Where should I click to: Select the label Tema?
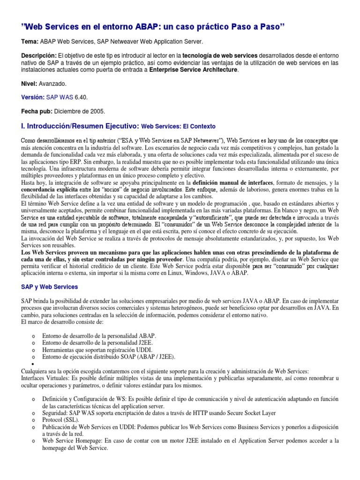click(x=30, y=42)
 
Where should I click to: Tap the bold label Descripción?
click(x=39, y=56)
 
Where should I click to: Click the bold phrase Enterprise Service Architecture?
click(x=194, y=70)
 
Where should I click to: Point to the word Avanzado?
click(x=52, y=83)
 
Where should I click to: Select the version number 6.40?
click(x=80, y=97)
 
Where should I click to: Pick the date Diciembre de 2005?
click(x=79, y=112)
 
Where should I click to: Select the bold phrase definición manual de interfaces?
click(x=232, y=182)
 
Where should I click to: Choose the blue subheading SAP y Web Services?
click(x=50, y=286)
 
